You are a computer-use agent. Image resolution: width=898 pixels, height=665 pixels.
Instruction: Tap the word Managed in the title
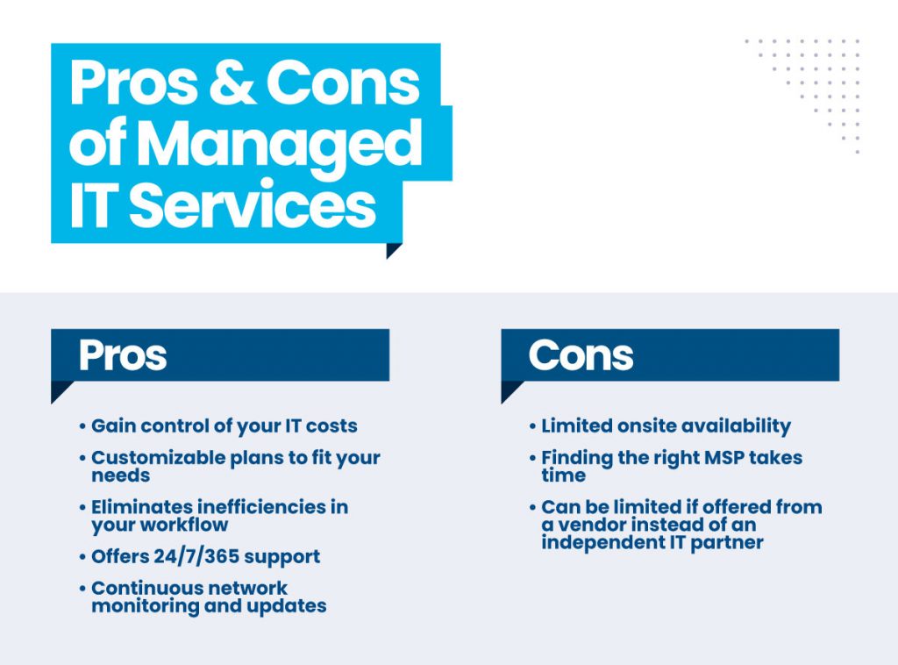(280, 146)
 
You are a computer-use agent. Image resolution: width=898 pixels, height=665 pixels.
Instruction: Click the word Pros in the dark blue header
(123, 355)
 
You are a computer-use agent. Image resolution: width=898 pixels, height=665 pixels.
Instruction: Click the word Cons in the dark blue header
(581, 355)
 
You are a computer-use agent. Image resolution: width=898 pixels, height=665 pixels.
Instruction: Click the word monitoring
(146, 606)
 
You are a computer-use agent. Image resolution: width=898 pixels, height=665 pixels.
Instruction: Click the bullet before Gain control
(82, 426)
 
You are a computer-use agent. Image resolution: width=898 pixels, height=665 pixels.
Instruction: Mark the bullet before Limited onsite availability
(532, 426)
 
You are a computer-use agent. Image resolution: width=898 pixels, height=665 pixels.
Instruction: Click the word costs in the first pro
(331, 426)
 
